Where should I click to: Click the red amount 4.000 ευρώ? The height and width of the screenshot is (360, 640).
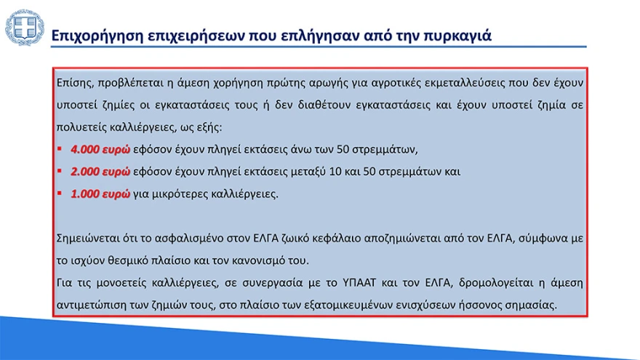tap(100, 150)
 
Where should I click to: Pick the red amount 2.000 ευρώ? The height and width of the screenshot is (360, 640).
tap(100, 172)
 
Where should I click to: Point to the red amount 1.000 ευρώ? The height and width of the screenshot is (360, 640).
tap(100, 195)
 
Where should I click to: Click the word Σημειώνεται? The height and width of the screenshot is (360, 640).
tap(91, 238)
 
